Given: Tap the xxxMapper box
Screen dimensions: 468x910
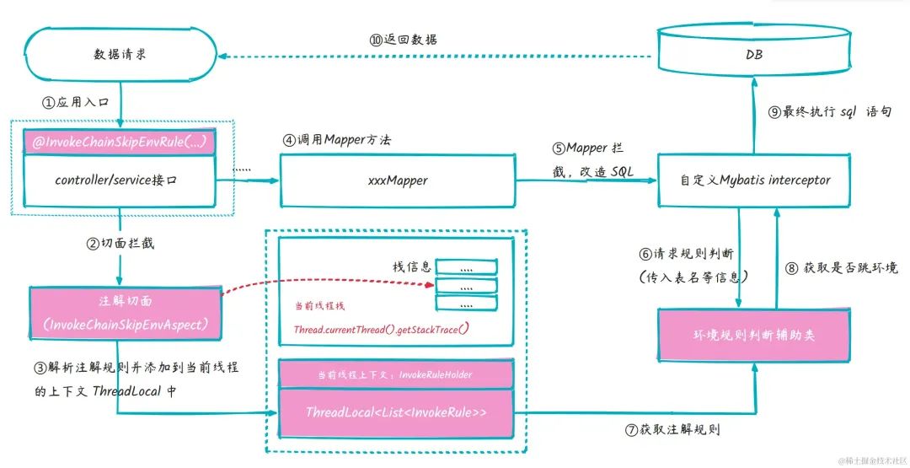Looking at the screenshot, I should pos(398,180).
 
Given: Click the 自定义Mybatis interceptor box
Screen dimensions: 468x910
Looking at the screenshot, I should pos(755,180).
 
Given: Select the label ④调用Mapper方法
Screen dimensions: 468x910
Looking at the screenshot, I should pos(337,140).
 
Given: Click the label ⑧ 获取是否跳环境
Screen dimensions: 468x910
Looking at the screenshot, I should pos(841,268).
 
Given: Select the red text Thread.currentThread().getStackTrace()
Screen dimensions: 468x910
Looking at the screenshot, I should pos(381,329).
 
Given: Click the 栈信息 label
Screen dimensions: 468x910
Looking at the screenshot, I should pos(413,266).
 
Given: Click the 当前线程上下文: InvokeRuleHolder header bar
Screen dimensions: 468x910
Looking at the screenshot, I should pos(395,374).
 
